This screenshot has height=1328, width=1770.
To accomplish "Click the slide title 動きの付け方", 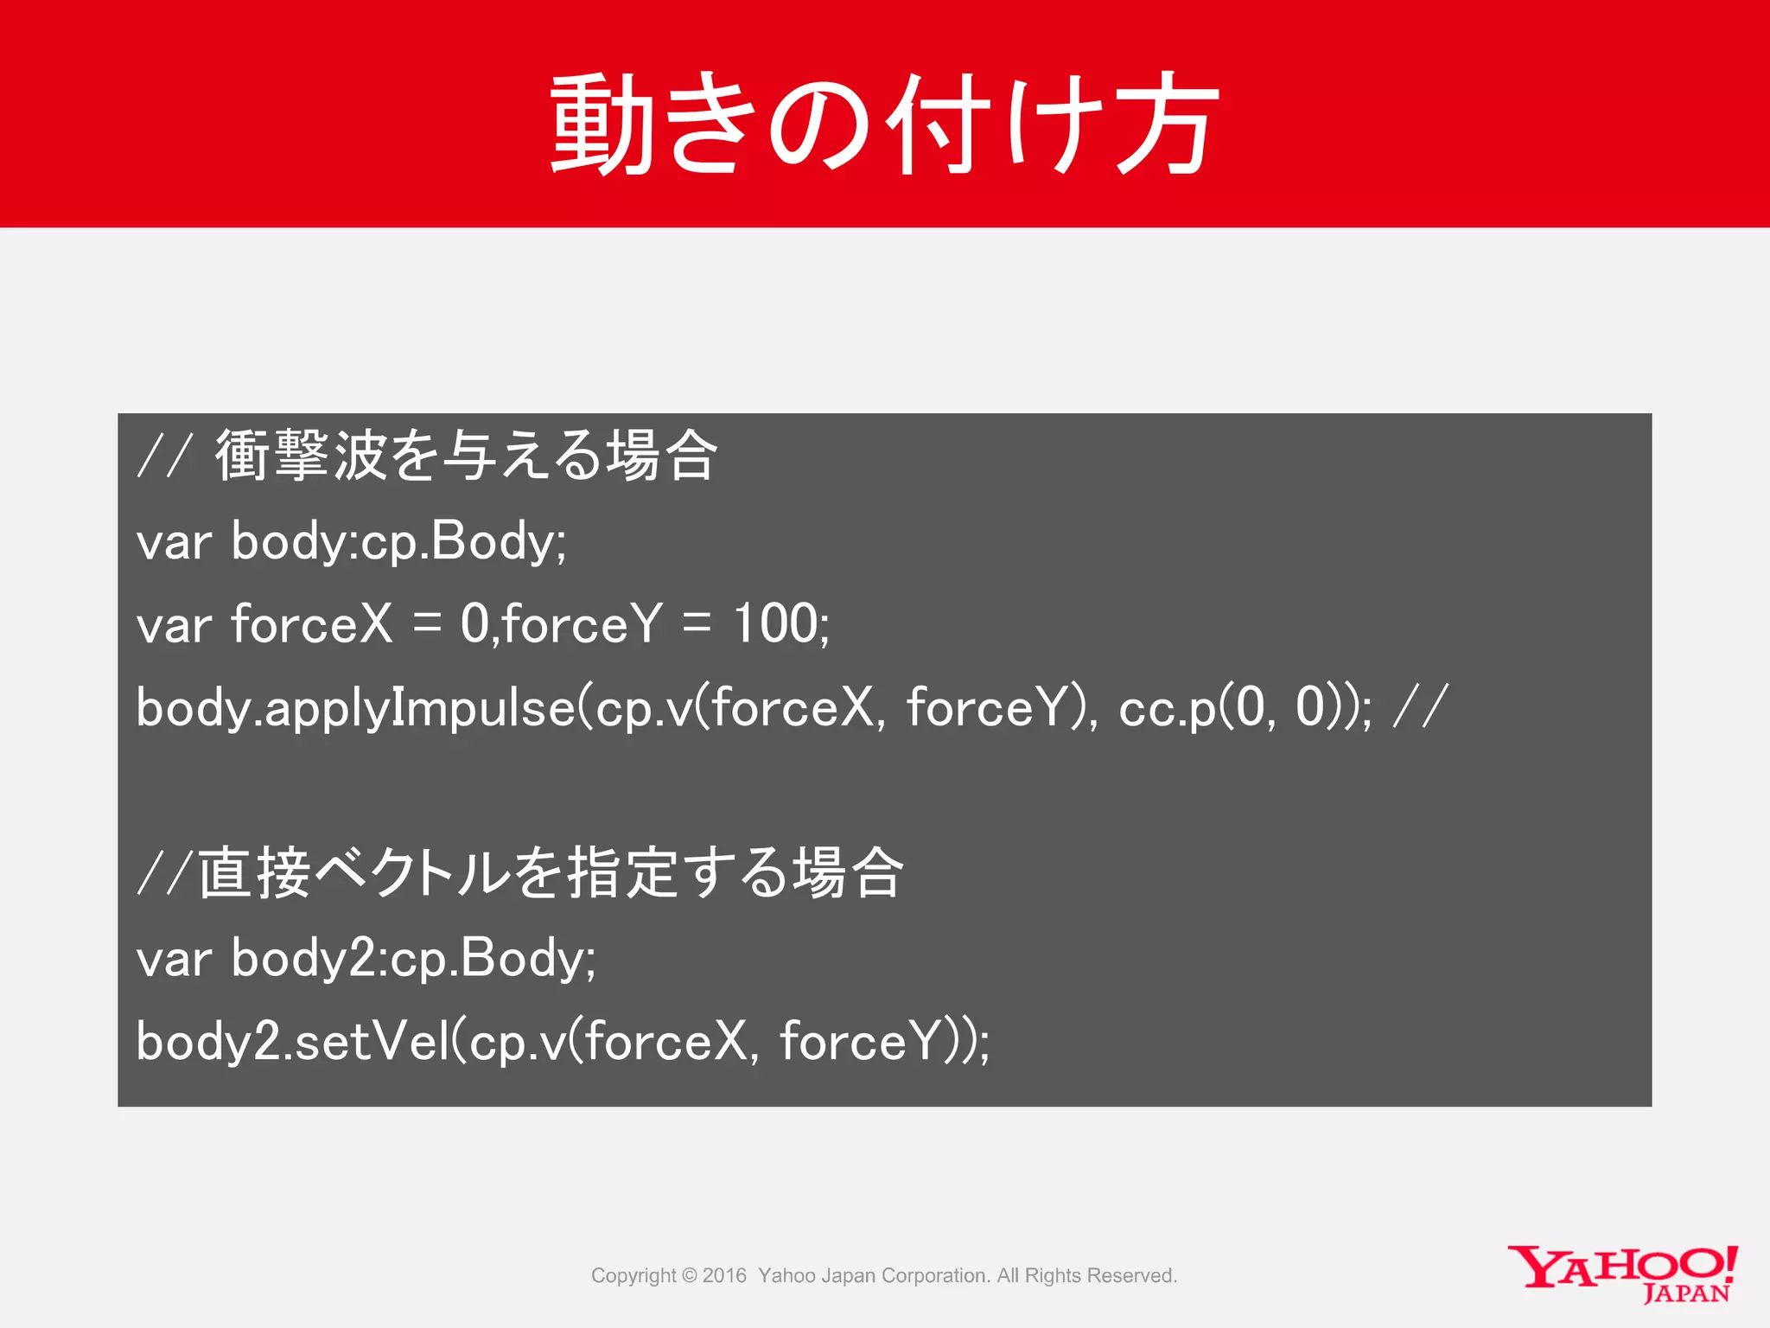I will [885, 123].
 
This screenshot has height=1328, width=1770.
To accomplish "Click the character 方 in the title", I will [1167, 123].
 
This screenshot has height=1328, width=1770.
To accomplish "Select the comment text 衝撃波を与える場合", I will [466, 455].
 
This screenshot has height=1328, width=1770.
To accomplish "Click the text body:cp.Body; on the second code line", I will [398, 543].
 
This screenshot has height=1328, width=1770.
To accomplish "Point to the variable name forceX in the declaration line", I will [312, 623].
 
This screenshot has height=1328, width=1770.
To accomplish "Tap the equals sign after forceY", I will [697, 624].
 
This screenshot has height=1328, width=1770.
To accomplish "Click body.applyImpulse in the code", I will [355, 708].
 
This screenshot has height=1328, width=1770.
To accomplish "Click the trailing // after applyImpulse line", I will [1420, 706].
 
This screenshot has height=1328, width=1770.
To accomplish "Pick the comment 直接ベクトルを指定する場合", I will [551, 872].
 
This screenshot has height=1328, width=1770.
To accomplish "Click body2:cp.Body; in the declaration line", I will [413, 960].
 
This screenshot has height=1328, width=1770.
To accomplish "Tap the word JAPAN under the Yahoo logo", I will [1686, 1294].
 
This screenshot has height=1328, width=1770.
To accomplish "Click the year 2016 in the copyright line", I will [724, 1276].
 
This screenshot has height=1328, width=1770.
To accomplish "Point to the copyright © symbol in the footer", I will [689, 1276].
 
